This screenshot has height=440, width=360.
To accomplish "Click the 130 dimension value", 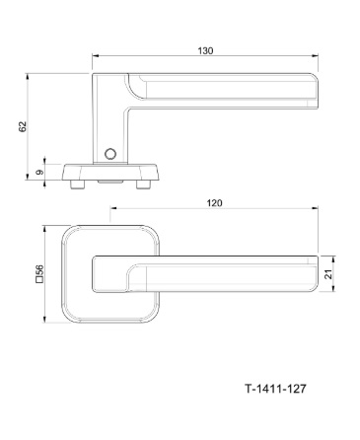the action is click(x=205, y=51).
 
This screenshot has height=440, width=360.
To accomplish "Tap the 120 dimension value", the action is click(x=214, y=203).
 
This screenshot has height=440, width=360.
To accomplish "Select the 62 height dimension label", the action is click(x=22, y=126).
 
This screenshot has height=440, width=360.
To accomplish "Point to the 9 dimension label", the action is click(x=39, y=173).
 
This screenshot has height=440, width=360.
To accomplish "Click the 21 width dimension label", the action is click(x=328, y=273).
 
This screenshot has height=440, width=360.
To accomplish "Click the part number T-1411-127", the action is click(x=275, y=389).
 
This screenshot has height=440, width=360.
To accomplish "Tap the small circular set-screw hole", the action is click(x=110, y=154).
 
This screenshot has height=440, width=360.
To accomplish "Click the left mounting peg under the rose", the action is click(x=77, y=184).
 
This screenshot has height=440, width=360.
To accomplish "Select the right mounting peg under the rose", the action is click(x=142, y=184).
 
